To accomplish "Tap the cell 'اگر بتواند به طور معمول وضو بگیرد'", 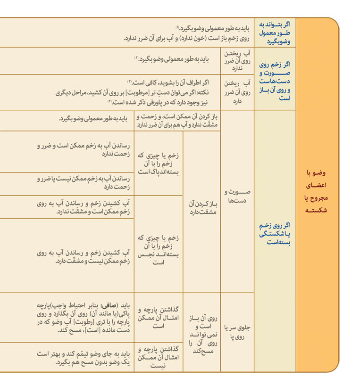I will [275, 33].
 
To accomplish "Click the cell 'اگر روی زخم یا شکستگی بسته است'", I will [275, 234].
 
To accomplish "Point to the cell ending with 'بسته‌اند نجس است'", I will [158, 250].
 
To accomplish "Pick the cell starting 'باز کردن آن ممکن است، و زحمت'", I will [178, 121].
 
